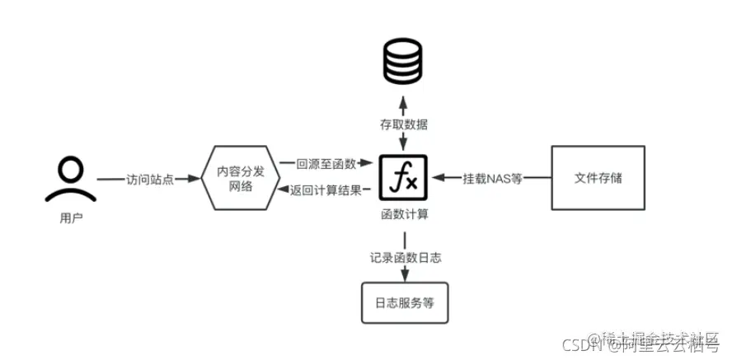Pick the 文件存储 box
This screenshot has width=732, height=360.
598,178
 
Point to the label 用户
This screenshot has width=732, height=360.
72,219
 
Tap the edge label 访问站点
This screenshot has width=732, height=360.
150,179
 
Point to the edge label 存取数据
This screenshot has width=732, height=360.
403,125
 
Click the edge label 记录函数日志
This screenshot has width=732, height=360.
403,257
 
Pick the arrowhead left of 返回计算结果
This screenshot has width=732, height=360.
281,190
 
